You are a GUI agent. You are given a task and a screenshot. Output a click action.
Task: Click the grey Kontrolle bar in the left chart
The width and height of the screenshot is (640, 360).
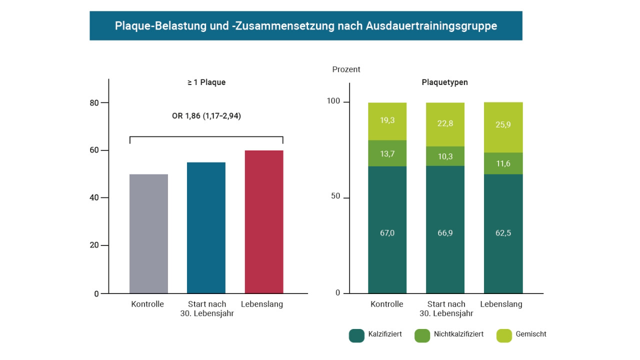[148, 233]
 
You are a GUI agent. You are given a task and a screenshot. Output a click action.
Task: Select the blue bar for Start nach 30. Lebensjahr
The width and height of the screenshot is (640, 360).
[206, 227]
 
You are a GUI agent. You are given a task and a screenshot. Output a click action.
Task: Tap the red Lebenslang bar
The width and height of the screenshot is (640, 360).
[264, 221]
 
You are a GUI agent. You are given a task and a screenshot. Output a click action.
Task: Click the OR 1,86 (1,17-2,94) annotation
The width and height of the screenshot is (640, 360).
[206, 116]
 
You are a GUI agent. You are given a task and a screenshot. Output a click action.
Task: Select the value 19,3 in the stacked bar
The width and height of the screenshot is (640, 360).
[387, 120]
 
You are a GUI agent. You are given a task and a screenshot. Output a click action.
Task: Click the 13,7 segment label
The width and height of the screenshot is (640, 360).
[387, 153]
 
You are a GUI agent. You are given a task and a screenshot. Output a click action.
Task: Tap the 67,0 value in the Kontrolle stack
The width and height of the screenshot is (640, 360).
[387, 233]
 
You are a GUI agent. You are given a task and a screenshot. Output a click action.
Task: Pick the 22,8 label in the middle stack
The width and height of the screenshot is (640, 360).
[445, 123]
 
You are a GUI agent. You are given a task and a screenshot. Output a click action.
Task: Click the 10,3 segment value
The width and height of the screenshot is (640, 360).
[445, 156]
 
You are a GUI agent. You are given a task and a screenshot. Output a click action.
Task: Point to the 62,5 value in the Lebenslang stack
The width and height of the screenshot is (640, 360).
[503, 233]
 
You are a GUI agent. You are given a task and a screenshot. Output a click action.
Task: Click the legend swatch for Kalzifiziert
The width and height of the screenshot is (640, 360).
[356, 335]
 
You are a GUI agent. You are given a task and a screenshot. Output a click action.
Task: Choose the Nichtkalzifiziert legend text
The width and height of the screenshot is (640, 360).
[458, 334]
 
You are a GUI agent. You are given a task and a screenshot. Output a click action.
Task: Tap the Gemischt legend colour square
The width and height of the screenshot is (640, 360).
[504, 335]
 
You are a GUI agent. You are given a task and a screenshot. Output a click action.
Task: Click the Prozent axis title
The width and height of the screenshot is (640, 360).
[346, 69]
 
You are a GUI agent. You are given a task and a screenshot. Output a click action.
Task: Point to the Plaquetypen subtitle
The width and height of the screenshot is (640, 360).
[445, 82]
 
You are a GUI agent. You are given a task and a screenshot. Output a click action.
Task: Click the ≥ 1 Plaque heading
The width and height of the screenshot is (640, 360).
[206, 82]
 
